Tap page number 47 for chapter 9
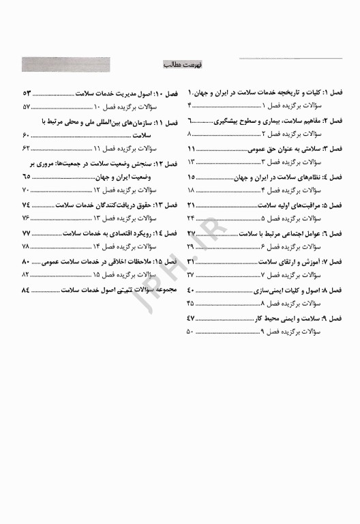(191, 319)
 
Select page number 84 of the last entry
(27, 290)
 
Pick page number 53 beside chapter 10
(27, 92)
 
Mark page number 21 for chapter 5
(191, 205)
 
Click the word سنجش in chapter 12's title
(135, 164)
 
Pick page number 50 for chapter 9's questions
(191, 331)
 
